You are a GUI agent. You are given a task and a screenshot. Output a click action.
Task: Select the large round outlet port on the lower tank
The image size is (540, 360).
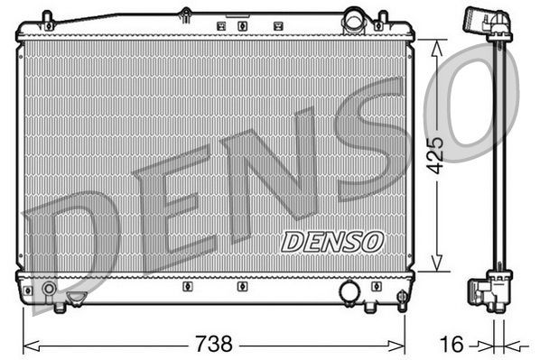click(x=349, y=291)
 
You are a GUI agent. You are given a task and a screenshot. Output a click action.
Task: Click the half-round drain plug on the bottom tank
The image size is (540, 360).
click(x=78, y=296)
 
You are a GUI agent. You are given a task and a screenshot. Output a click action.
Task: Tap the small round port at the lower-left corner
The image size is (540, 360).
click(x=50, y=290)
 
